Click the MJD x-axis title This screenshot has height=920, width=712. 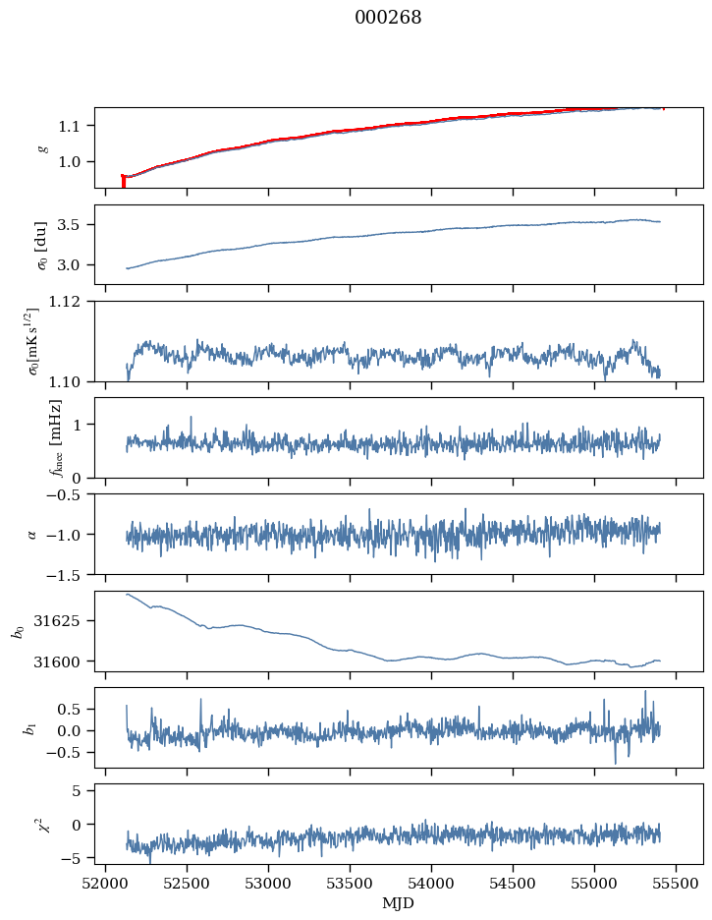(x=399, y=903)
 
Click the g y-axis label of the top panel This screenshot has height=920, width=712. (x=42, y=147)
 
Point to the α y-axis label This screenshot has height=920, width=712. (x=32, y=534)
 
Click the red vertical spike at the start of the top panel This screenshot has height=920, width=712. (x=123, y=181)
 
